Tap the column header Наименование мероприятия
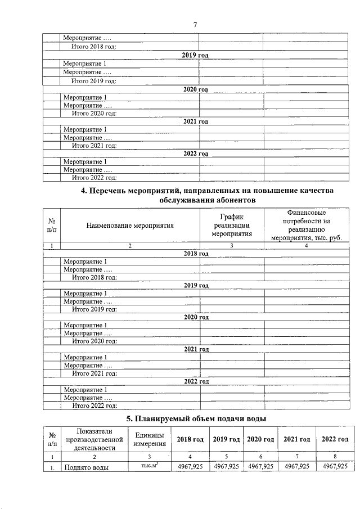pos(130,226)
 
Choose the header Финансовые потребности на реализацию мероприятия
pos(306,226)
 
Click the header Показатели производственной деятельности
pos(90,439)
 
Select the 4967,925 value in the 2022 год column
pos(334,466)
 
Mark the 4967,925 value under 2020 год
pos(260,466)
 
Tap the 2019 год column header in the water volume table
pos(226,439)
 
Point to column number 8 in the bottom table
pos(334,457)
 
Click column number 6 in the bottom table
pos(260,457)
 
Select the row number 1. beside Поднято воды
pos(51,466)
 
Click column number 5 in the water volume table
pos(226,457)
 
